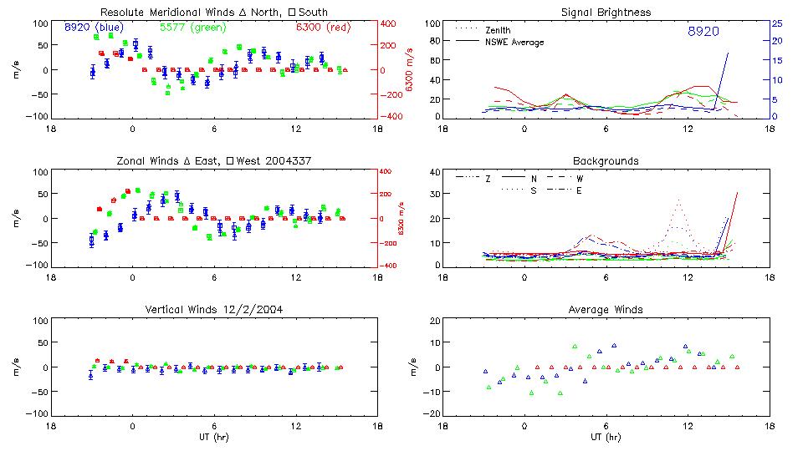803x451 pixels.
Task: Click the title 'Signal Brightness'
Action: tap(607, 13)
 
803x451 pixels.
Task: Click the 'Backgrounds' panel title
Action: tap(606, 160)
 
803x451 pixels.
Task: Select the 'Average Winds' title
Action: tap(607, 310)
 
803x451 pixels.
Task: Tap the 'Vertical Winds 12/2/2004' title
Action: tap(213, 310)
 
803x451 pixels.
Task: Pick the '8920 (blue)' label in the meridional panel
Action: tap(94, 28)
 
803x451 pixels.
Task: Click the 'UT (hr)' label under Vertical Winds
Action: tap(213, 437)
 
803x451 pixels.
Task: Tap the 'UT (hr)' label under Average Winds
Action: tap(607, 437)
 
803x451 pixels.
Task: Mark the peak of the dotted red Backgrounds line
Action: tap(678, 199)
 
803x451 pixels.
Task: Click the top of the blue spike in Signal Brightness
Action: tap(728, 53)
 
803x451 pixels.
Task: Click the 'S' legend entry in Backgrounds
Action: tap(533, 190)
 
